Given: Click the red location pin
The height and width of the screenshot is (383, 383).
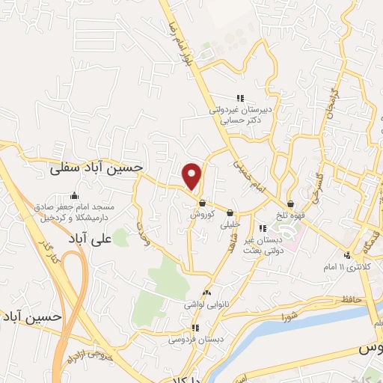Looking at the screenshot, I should click(x=193, y=175).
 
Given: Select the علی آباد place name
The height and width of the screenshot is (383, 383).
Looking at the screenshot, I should click(x=109, y=239).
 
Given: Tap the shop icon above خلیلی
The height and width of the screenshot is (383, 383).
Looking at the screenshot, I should click(x=230, y=213).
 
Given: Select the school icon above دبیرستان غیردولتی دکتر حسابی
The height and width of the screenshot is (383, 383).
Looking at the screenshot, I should click(x=240, y=98).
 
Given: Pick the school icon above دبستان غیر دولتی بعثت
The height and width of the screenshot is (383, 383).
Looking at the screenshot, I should click(x=261, y=228).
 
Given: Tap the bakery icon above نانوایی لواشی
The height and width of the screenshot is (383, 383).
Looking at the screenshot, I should click(x=206, y=293).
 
